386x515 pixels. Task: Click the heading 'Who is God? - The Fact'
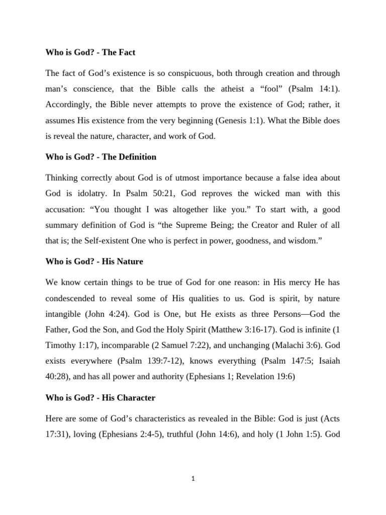coord(90,52)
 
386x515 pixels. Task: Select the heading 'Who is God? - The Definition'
coord(101,157)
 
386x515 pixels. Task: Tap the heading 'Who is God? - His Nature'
coord(93,262)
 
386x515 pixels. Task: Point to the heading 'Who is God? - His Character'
coord(101,397)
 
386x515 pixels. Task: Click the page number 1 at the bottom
coord(193,479)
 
